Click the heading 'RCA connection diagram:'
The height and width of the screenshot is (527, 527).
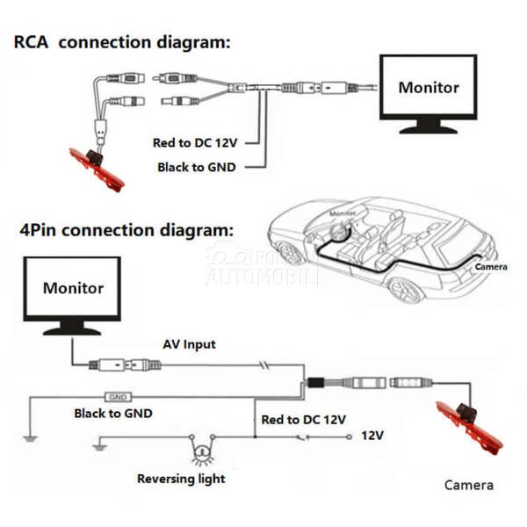point(121,42)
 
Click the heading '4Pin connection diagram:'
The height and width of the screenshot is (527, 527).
point(126,231)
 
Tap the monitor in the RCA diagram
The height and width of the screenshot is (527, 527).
point(428,88)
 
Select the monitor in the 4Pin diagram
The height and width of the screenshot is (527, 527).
point(72,290)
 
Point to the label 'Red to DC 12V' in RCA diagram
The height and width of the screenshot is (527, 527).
point(194,142)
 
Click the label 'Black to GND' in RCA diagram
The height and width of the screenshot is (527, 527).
point(196,167)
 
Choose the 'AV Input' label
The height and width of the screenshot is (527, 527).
point(189,344)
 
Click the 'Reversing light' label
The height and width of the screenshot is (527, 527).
point(181,479)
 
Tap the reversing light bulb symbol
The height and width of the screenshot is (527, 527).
point(202,453)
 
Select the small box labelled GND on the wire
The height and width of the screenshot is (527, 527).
point(118,397)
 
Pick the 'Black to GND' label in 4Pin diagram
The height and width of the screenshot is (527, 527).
point(113,413)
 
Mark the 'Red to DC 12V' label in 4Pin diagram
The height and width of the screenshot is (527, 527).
point(303,420)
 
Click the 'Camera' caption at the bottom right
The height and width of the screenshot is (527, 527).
point(468,485)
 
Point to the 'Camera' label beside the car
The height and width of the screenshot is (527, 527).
point(491,266)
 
